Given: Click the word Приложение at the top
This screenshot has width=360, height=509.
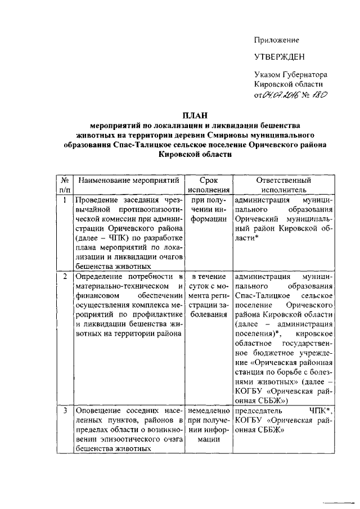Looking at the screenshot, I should (276, 40).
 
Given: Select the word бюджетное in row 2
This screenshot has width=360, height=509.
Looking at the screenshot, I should (255, 353).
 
